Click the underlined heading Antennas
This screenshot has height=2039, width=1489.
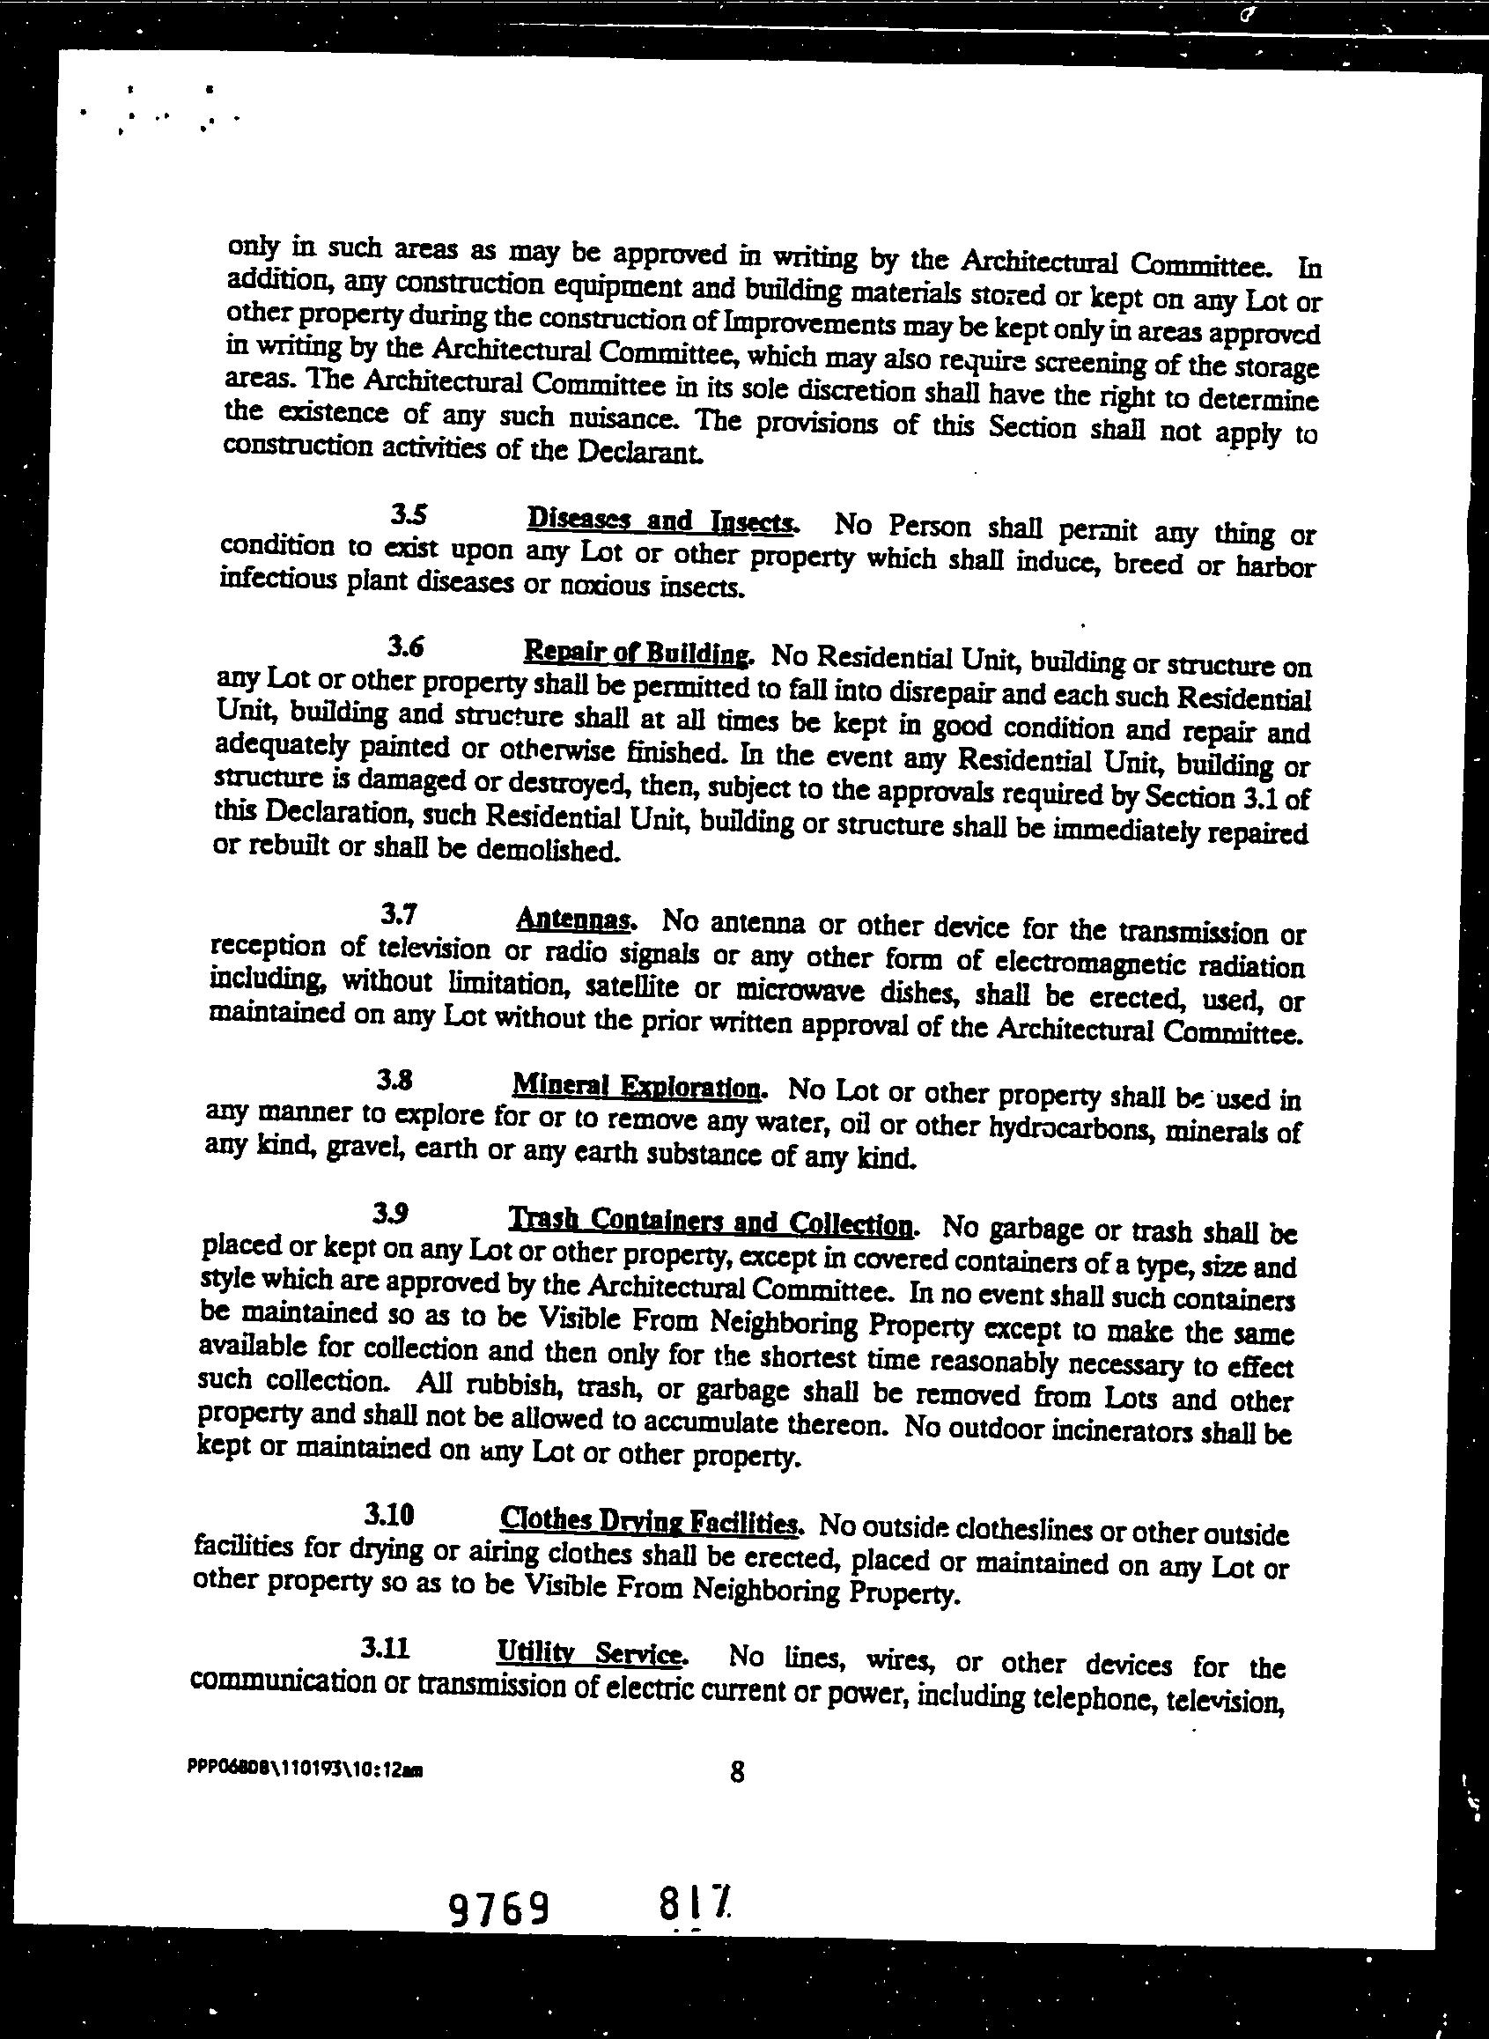[576, 920]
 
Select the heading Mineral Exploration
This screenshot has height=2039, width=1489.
[638, 1084]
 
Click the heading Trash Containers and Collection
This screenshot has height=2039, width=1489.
[712, 1223]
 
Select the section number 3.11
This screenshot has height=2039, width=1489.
[386, 1649]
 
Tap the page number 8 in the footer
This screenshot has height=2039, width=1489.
[737, 1772]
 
